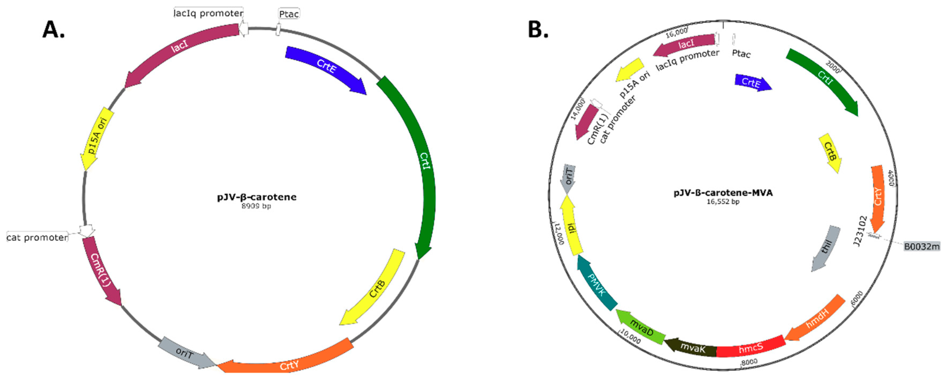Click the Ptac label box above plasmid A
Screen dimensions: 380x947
coord(289,14)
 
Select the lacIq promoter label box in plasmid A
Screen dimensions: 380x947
coord(208,13)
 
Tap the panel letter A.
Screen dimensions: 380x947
coord(53,29)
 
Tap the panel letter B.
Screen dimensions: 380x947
coord(538,29)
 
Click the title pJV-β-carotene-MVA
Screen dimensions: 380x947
coord(723,193)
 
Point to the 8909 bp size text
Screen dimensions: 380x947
coord(256,206)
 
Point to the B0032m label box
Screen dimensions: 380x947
coord(921,246)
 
